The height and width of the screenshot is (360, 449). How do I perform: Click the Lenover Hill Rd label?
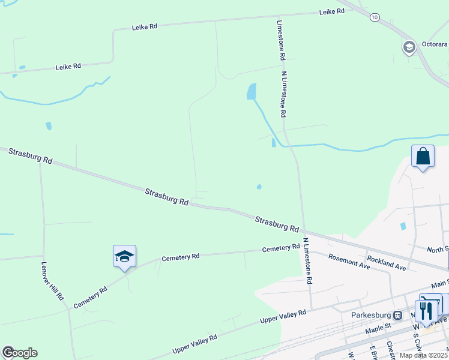tap(53, 280)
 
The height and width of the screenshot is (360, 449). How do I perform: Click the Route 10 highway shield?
tap(375, 17)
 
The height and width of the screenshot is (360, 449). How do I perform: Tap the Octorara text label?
tap(434, 44)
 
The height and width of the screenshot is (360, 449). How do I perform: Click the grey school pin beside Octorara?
tap(409, 47)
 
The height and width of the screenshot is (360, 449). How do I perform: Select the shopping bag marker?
tap(423, 157)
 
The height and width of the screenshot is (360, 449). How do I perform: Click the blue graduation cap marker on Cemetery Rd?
tap(124, 257)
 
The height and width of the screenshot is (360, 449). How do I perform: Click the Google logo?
tap(20, 352)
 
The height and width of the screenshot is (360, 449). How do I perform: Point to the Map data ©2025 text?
tap(424, 355)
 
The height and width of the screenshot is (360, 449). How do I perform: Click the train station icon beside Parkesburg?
tap(397, 315)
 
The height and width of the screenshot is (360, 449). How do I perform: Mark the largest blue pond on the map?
tap(252, 91)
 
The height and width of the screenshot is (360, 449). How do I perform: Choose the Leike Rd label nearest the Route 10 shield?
tap(331, 11)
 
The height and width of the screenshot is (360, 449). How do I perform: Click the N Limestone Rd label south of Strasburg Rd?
tap(307, 260)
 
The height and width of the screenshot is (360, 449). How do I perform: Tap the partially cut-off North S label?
tap(438, 248)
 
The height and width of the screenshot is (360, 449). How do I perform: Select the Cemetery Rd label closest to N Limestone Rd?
tap(280, 248)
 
